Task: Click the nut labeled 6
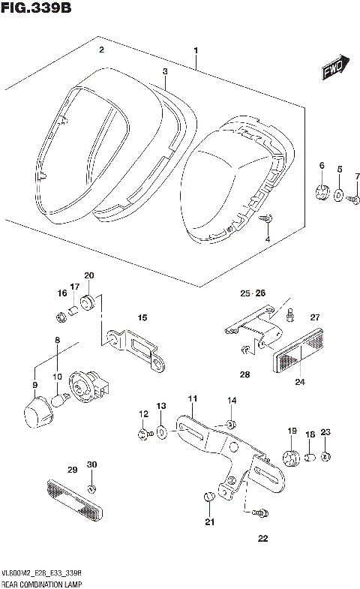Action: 322,191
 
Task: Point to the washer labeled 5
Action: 339,196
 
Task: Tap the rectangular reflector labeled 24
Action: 298,353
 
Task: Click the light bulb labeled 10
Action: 62,398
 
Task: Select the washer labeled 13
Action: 161,434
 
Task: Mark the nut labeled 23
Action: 325,456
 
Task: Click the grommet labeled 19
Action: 289,456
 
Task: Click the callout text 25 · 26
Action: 253,293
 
